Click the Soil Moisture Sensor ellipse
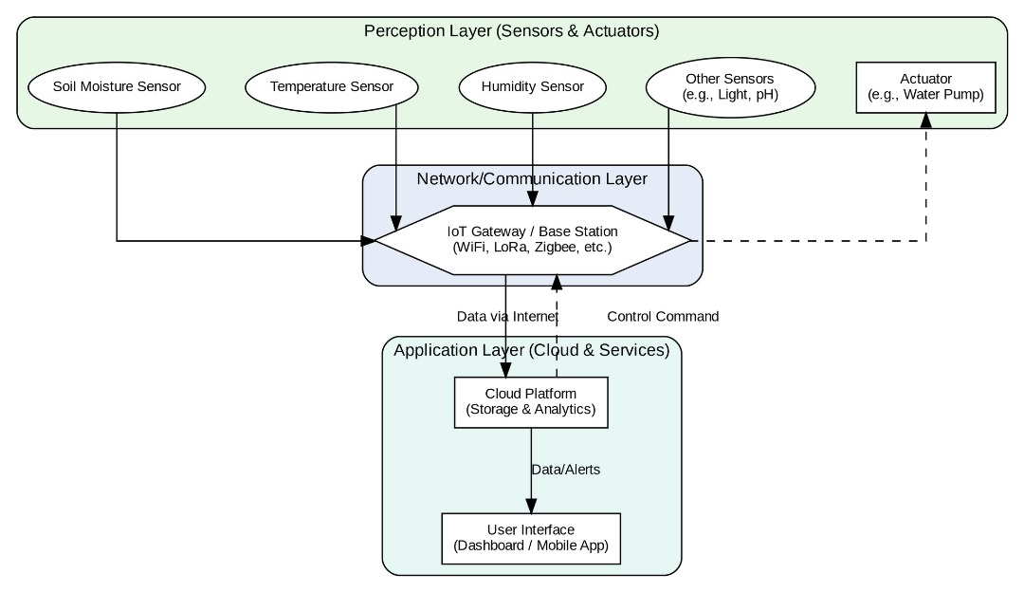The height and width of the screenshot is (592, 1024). point(118,87)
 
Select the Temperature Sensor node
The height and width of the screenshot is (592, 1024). point(332,87)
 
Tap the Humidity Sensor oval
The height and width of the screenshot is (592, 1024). point(532,87)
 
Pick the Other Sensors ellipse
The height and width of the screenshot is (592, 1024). point(729,87)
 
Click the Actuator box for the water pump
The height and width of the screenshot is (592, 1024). point(925,87)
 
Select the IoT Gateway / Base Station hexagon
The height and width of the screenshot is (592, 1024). point(532,240)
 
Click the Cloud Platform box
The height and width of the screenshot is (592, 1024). point(531,402)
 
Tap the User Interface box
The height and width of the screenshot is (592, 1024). point(531,538)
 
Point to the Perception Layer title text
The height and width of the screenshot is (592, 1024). point(511,31)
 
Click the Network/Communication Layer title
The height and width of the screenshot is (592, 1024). point(532,179)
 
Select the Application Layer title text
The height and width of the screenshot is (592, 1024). point(531,351)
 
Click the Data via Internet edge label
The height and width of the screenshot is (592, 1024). point(507,317)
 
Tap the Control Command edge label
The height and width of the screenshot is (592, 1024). point(663,317)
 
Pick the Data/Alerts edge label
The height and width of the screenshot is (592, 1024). point(565,470)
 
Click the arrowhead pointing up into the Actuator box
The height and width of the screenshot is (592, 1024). point(926,120)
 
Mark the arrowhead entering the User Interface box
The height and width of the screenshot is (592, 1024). point(531,506)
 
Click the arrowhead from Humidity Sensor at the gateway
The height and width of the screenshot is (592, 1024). point(532,198)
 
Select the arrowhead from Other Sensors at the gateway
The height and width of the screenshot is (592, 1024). point(670,225)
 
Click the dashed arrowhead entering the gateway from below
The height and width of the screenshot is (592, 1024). point(557,282)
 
